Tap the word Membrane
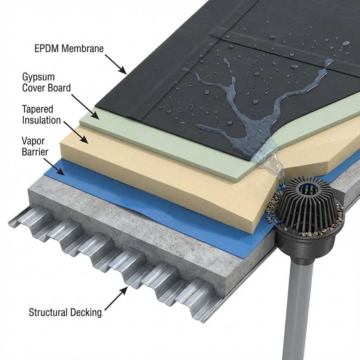tap(83, 49)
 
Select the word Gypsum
tap(38, 77)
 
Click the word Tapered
tap(37, 110)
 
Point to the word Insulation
tap(41, 120)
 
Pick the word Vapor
tap(33, 141)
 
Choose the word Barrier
tap(35, 152)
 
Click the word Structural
tap(48, 312)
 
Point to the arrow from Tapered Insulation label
tap(76, 133)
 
